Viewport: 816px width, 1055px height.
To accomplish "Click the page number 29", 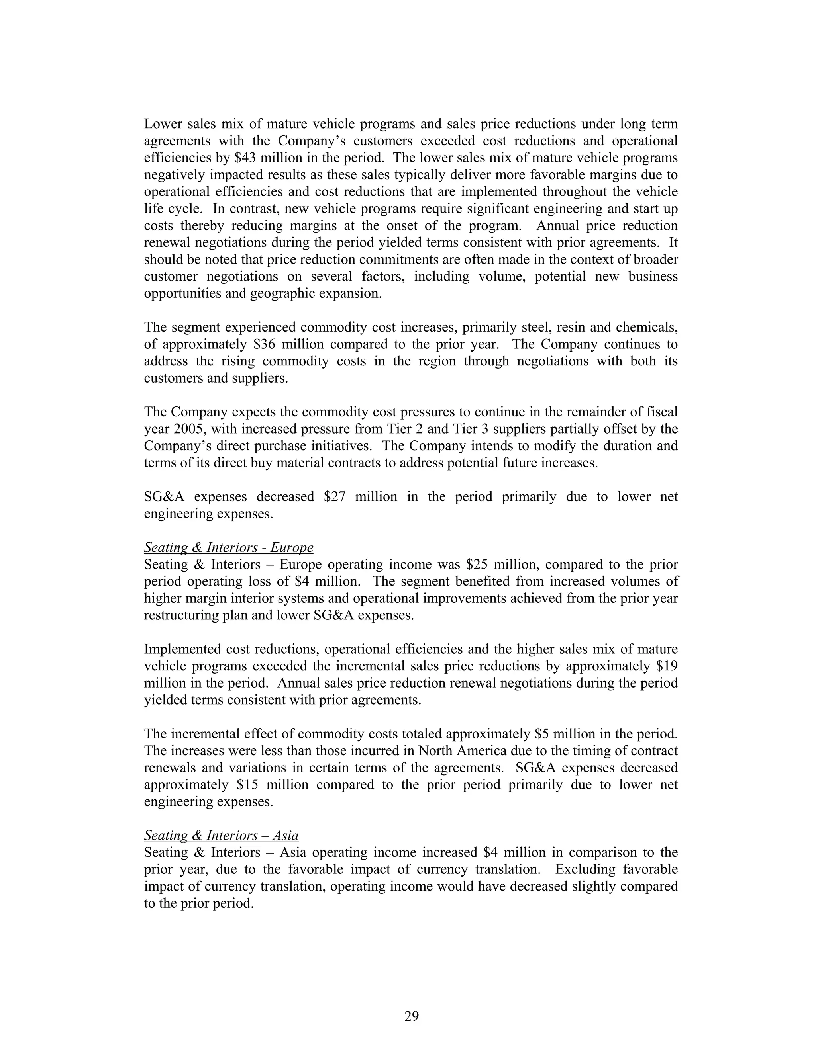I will coord(411,1016).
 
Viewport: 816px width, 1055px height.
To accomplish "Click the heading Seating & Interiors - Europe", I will coord(228,547).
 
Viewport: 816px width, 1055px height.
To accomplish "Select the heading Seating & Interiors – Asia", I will coord(221,835).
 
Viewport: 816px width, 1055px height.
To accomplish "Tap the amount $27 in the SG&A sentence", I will coord(335,496).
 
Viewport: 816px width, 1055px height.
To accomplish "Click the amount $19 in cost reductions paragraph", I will coord(667,666).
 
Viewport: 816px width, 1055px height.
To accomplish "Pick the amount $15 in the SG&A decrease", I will coord(247,785).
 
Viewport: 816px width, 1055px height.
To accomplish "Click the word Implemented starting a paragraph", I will coord(183,649).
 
